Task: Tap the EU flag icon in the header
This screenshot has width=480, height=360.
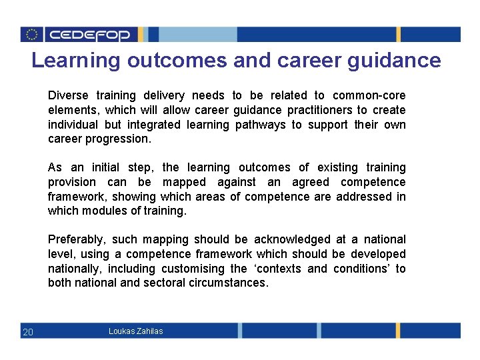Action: pos(31,35)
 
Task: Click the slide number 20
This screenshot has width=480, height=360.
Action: pos(28,332)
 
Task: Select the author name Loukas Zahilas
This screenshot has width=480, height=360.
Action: pos(135,331)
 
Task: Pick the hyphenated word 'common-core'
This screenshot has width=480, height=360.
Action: pos(369,95)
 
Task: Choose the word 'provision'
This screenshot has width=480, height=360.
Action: pos(71,182)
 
